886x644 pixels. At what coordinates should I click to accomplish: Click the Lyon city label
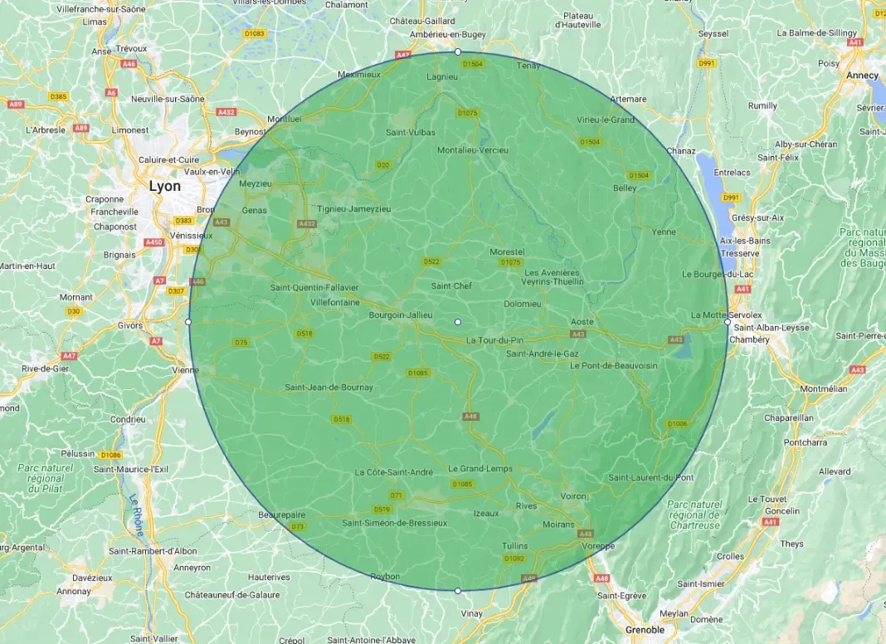tap(164, 186)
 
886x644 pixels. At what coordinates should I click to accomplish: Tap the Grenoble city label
tap(645, 630)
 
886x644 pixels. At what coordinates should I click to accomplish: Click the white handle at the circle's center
tap(458, 321)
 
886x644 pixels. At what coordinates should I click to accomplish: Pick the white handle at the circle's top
tap(458, 52)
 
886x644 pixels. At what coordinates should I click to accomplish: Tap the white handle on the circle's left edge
tap(188, 321)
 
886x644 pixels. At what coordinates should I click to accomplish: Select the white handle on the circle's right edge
tap(728, 322)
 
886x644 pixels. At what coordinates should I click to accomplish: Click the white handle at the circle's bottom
tap(458, 591)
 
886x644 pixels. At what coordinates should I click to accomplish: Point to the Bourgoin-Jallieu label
tap(400, 315)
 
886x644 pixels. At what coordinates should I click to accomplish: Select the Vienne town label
tap(180, 370)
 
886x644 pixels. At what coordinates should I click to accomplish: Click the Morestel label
tap(507, 251)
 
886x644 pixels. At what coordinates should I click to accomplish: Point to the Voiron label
tap(573, 495)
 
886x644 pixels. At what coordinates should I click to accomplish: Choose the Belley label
tap(625, 188)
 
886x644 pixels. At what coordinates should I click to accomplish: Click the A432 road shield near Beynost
tap(226, 112)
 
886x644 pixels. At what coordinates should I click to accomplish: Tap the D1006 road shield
tap(678, 424)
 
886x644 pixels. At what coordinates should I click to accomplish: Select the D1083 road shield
tap(256, 34)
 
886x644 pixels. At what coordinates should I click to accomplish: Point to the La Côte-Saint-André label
tap(393, 472)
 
